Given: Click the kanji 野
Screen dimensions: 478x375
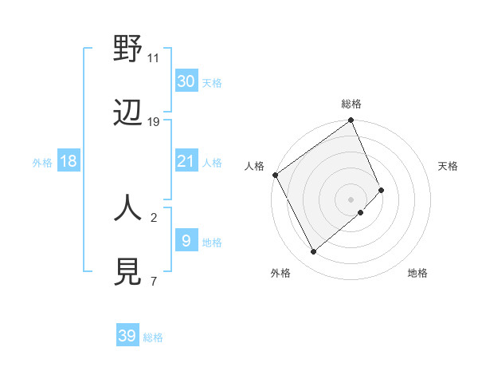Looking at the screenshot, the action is click(127, 49).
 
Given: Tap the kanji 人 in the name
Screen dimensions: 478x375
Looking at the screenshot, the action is click(127, 207).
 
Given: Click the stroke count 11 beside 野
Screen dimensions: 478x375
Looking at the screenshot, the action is click(154, 57).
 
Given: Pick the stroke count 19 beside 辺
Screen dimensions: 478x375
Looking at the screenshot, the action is click(154, 122).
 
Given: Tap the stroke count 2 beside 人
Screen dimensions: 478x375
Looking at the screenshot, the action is click(154, 216).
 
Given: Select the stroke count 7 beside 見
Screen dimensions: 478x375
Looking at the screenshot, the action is click(154, 281).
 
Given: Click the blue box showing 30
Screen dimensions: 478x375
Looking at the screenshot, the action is click(186, 81).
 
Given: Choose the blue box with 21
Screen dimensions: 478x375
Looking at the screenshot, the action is click(186, 161).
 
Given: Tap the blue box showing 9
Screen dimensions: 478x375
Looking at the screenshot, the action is click(186, 240).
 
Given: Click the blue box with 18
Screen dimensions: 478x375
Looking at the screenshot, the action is click(69, 161).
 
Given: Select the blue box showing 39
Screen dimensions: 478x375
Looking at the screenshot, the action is click(127, 336).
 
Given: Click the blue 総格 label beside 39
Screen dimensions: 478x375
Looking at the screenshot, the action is click(153, 337).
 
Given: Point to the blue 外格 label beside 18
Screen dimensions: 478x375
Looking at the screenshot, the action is click(42, 163).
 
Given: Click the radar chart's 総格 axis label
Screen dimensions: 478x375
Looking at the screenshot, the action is click(351, 104).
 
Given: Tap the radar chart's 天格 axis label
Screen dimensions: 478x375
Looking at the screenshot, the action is click(448, 166).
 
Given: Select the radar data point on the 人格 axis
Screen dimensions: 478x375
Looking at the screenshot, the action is click(275, 175).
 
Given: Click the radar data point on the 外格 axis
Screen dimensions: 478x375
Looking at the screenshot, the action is click(313, 252).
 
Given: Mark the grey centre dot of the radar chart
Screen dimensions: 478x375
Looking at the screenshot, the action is click(351, 199).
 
